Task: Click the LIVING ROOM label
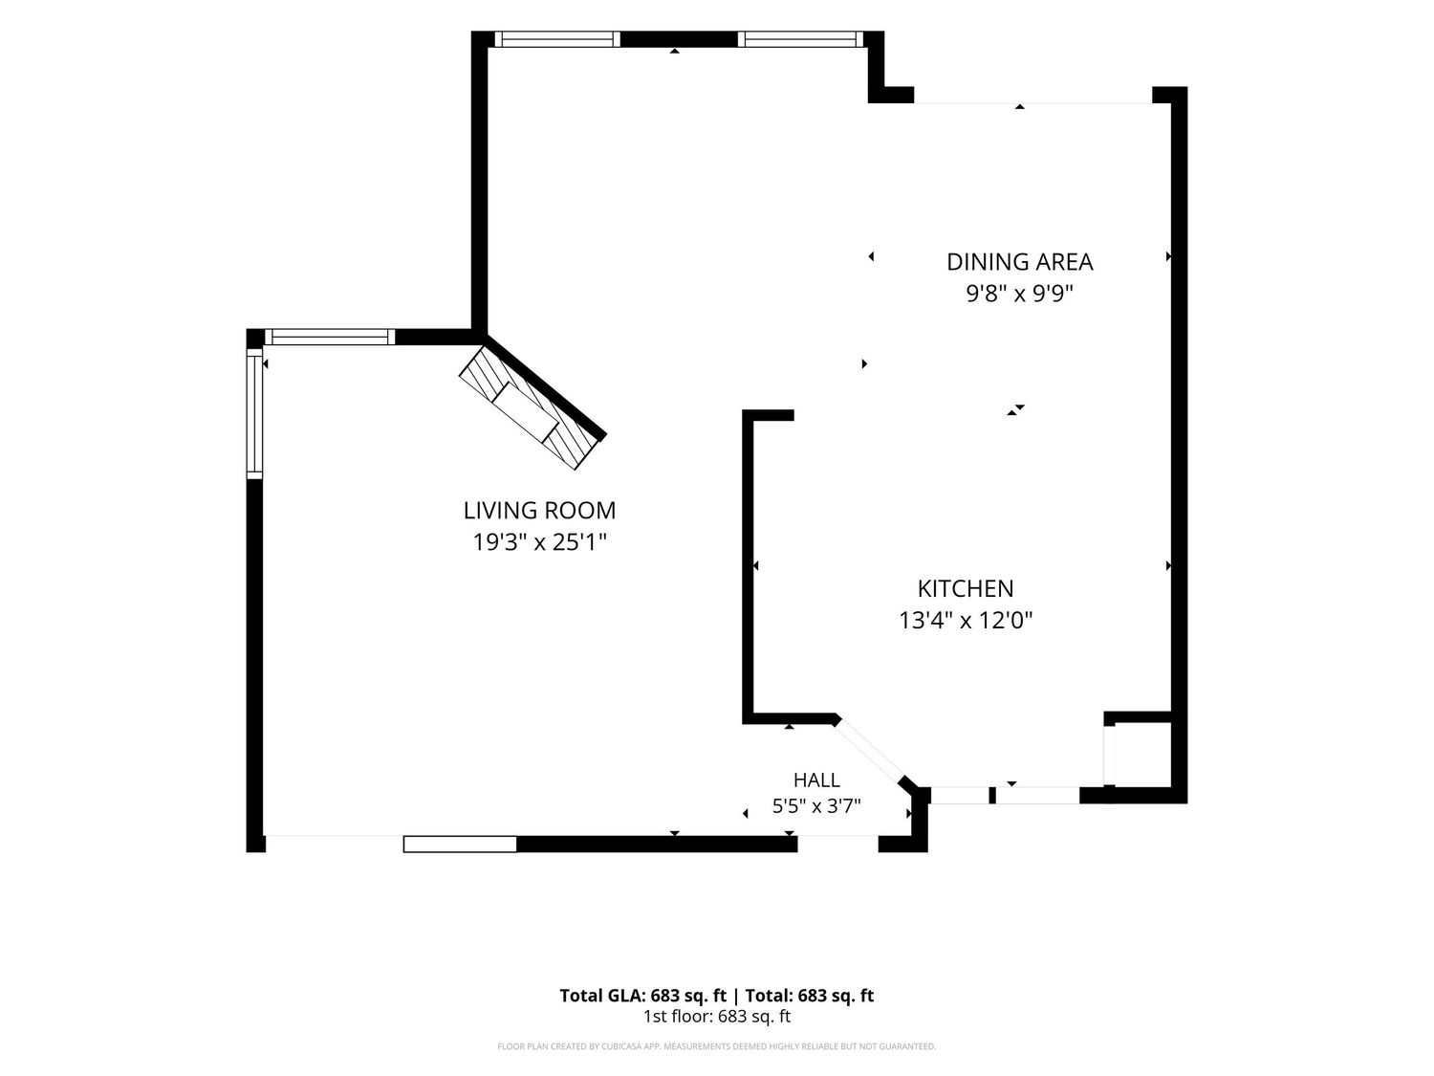click(x=539, y=510)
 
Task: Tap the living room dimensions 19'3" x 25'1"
click(x=539, y=542)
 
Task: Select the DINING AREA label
click(x=1020, y=262)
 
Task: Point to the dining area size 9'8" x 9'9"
click(x=1020, y=294)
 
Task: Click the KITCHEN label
click(x=966, y=588)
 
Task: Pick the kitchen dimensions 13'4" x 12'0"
click(x=966, y=620)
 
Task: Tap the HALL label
click(x=816, y=780)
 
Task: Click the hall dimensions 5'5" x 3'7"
click(x=816, y=806)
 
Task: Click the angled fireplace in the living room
click(x=532, y=408)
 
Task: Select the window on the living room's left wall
click(x=254, y=413)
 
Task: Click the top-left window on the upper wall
click(x=557, y=39)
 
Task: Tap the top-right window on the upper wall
click(x=800, y=39)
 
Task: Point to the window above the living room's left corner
click(x=330, y=337)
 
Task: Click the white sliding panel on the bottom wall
click(x=460, y=845)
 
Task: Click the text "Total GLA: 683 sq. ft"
click(x=642, y=996)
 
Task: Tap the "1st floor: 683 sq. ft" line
click(x=717, y=1016)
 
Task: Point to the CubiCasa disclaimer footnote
click(x=717, y=1046)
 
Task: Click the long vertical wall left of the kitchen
click(x=748, y=567)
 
